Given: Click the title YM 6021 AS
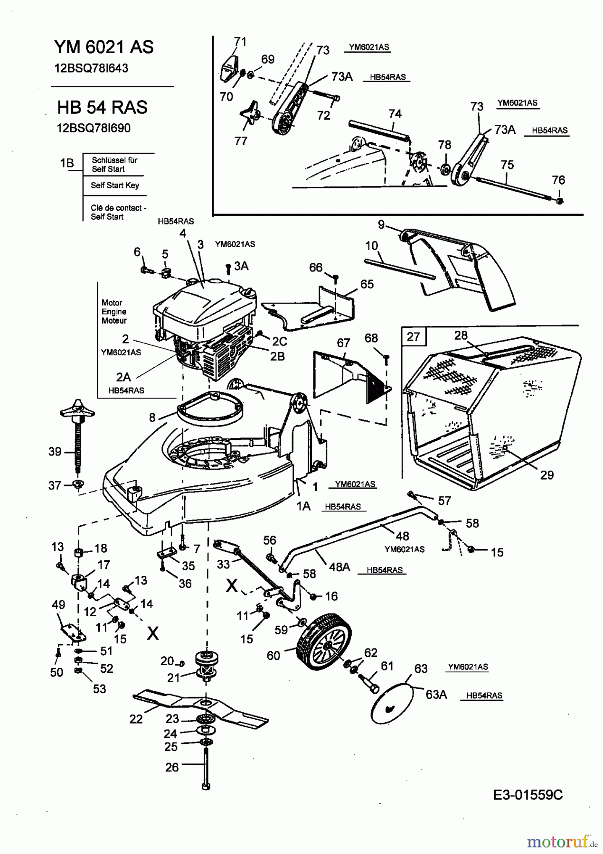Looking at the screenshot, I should [104, 47].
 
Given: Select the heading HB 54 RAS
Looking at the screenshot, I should [102, 107].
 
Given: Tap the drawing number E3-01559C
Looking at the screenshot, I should [528, 795].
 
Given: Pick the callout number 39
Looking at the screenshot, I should [55, 452].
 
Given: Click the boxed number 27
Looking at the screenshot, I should [414, 336].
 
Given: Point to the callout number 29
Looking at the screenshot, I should [547, 475].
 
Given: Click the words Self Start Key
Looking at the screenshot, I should [115, 186].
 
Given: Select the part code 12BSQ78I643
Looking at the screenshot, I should [91, 68].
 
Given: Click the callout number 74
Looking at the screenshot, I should [395, 114].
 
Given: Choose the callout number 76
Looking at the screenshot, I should [558, 180].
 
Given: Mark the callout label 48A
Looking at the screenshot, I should [340, 566].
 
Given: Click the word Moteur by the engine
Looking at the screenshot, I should [114, 321].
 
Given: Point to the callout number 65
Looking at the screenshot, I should [367, 284].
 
